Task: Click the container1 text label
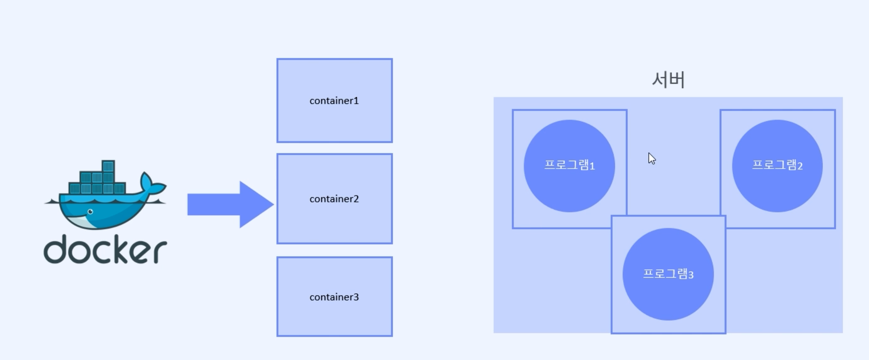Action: (334, 101)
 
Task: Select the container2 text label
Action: (334, 199)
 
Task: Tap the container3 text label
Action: (334, 297)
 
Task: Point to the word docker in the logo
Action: (105, 250)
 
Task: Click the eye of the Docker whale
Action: (90, 212)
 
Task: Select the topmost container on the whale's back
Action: (108, 165)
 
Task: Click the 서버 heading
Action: (668, 80)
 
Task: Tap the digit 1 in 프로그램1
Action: (592, 166)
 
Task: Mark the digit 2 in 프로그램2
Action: (800, 166)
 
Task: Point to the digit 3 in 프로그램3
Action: (691, 275)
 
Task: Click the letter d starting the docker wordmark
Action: (56, 249)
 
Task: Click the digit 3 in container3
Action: (356, 297)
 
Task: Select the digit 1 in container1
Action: (356, 101)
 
